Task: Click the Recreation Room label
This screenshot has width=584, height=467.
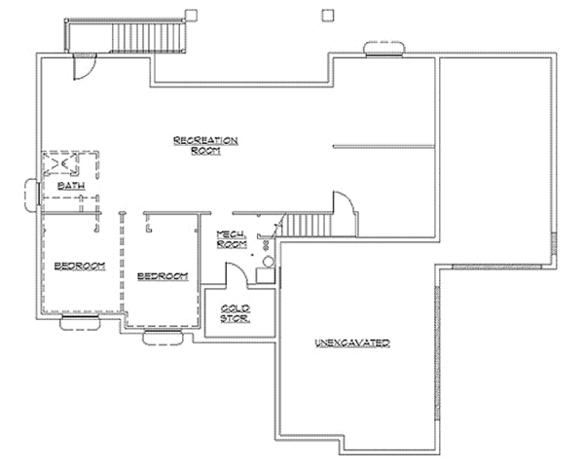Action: pyautogui.click(x=205, y=145)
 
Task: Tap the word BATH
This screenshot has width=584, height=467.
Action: pyautogui.click(x=71, y=186)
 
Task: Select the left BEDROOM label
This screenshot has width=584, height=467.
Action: pyautogui.click(x=80, y=266)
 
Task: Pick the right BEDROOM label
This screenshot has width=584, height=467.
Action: pyautogui.click(x=163, y=276)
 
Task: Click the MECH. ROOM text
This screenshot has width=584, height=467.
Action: pyautogui.click(x=232, y=239)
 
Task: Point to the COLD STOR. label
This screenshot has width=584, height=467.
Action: pyautogui.click(x=236, y=313)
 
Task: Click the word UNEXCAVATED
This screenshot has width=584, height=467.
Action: pyautogui.click(x=352, y=342)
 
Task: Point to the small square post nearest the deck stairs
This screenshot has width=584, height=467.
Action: pyautogui.click(x=191, y=16)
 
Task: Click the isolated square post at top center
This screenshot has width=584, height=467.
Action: pyautogui.click(x=328, y=15)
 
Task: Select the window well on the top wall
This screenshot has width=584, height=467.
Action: pyautogui.click(x=384, y=49)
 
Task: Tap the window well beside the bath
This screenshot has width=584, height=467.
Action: pyautogui.click(x=31, y=196)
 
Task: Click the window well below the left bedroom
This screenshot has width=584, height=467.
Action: pyautogui.click(x=80, y=322)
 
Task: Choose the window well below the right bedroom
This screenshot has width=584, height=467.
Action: pyautogui.click(x=164, y=337)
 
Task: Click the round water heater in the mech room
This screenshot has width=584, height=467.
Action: pyautogui.click(x=269, y=262)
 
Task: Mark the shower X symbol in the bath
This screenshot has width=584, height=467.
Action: pyautogui.click(x=60, y=163)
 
